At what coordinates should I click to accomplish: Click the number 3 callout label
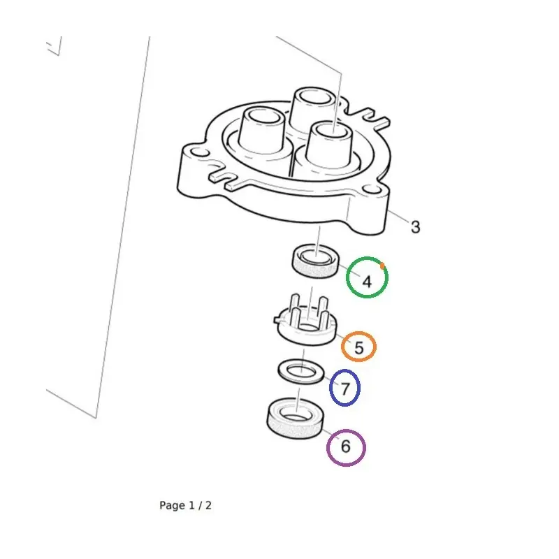click(x=415, y=227)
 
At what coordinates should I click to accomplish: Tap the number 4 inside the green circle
click(x=367, y=282)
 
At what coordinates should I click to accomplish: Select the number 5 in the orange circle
click(x=359, y=347)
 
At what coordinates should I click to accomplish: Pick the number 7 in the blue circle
click(x=345, y=389)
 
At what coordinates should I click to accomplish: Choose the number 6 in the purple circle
click(x=346, y=447)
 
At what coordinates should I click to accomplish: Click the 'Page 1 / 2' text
click(x=185, y=505)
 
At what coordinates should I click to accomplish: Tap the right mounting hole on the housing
click(x=371, y=189)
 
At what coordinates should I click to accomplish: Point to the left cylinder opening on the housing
click(x=264, y=117)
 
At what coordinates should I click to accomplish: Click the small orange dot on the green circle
click(x=382, y=266)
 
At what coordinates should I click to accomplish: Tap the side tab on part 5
click(x=277, y=319)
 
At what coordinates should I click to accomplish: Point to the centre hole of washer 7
click(x=301, y=372)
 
